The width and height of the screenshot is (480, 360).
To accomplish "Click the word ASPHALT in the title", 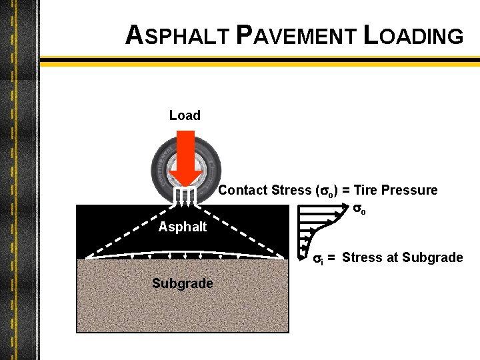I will (x=175, y=36).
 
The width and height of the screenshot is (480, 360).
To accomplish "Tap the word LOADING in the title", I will (x=413, y=36).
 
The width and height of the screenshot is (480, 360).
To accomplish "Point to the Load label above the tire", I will (x=185, y=115).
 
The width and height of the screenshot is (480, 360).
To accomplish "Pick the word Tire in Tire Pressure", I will (x=365, y=191).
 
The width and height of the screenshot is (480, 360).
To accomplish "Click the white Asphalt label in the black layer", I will (x=183, y=227).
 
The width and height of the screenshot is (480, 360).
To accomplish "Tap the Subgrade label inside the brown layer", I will (x=182, y=283).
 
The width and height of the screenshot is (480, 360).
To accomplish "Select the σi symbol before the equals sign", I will (x=318, y=258).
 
